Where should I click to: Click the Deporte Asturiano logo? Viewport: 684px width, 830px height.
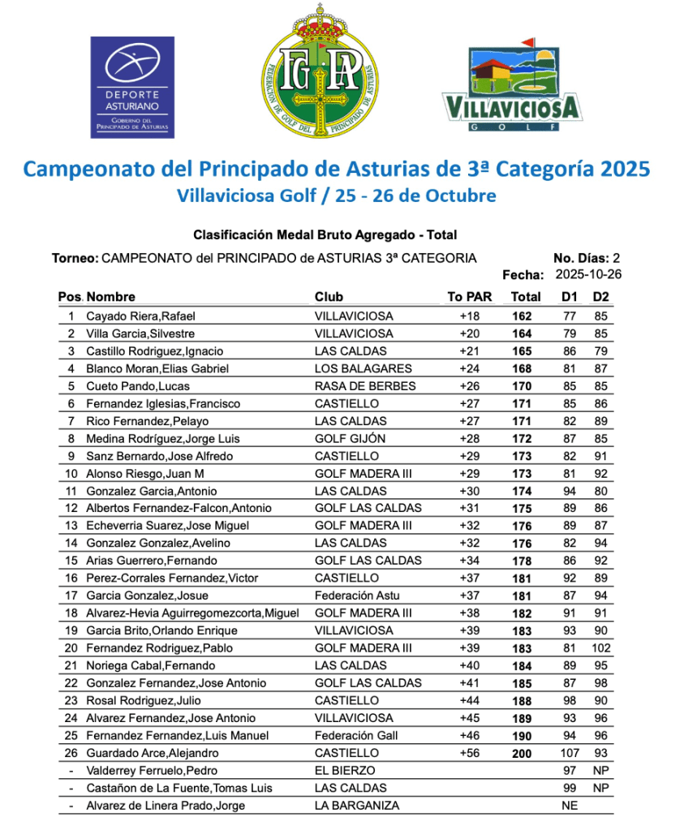pos(132,87)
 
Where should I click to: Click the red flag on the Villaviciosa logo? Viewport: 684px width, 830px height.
pos(527,41)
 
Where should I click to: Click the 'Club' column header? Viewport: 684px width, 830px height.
pos(329,297)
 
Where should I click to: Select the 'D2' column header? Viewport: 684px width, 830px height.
pos(600,297)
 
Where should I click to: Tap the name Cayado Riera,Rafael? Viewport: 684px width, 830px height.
pos(140,316)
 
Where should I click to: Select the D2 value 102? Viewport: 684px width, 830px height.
pos(600,648)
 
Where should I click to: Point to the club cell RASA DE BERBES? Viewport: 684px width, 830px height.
pos(365,386)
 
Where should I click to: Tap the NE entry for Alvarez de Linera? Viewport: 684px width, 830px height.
pos(569,806)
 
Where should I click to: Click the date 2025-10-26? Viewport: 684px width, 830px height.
pos(587,275)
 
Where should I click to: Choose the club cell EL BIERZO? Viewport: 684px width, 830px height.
pos(345,771)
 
